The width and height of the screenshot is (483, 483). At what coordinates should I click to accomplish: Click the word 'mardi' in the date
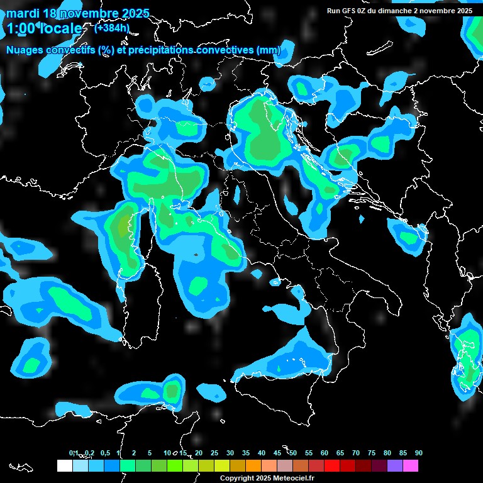22,13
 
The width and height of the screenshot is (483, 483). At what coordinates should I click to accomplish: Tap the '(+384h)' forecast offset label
113,28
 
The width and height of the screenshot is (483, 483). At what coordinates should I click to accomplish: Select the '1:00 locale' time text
45,28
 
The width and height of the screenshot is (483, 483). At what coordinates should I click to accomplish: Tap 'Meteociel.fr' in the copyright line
302,479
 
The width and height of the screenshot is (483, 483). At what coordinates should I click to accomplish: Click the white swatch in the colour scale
64,466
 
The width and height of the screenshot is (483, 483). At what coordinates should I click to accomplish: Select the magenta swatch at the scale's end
411,466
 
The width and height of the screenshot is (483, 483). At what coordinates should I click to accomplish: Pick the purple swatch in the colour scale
395,466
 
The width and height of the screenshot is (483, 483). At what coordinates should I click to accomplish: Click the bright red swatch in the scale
332,466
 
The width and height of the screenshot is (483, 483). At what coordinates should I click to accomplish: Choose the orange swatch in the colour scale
253,466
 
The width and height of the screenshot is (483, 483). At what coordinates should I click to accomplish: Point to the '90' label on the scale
418,453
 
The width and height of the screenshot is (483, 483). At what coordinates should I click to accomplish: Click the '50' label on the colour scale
293,453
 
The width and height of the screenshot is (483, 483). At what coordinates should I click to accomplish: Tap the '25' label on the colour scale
214,453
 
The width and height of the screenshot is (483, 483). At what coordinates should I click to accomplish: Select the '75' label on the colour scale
372,453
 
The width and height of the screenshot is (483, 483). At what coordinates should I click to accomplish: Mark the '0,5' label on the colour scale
104,453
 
